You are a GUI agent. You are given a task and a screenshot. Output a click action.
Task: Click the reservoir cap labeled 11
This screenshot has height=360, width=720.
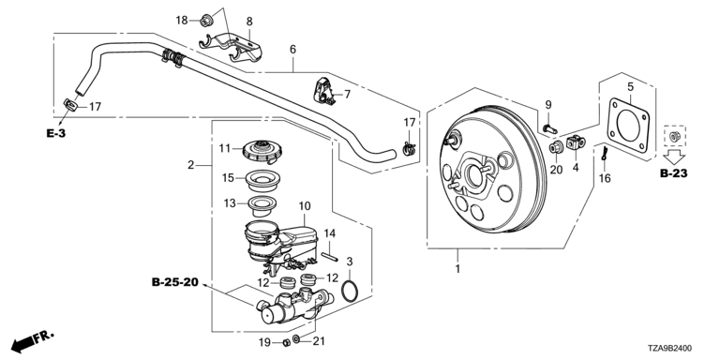(262, 152)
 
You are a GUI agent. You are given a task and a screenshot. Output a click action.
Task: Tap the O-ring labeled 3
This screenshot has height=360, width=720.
(350, 292)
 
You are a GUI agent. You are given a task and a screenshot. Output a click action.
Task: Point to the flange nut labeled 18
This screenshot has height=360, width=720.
(206, 21)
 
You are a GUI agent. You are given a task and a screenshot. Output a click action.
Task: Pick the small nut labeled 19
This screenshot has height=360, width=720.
(285, 342)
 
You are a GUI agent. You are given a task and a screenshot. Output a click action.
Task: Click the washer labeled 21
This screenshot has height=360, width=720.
(296, 339)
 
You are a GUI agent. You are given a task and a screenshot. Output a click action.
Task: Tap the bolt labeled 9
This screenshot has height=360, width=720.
(549, 128)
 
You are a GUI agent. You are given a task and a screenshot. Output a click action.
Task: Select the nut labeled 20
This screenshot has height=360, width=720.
(556, 148)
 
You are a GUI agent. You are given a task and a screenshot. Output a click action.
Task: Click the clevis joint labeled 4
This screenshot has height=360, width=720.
(576, 142)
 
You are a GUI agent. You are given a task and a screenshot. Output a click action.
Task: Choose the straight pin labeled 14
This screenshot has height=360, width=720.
(329, 256)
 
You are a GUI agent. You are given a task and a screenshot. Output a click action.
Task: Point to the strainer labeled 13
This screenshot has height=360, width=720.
(263, 205)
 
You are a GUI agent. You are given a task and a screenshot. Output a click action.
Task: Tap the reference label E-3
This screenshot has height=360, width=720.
(56, 134)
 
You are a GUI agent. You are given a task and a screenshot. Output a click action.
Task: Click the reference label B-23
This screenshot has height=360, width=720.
(674, 174)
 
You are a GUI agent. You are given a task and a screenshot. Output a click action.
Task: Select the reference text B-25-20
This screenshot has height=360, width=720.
(175, 282)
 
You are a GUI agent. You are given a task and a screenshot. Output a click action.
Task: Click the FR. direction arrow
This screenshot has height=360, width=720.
(32, 341)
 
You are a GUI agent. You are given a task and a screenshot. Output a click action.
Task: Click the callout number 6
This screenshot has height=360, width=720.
(292, 49)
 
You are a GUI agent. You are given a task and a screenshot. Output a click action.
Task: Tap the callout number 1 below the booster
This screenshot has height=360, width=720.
(457, 269)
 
